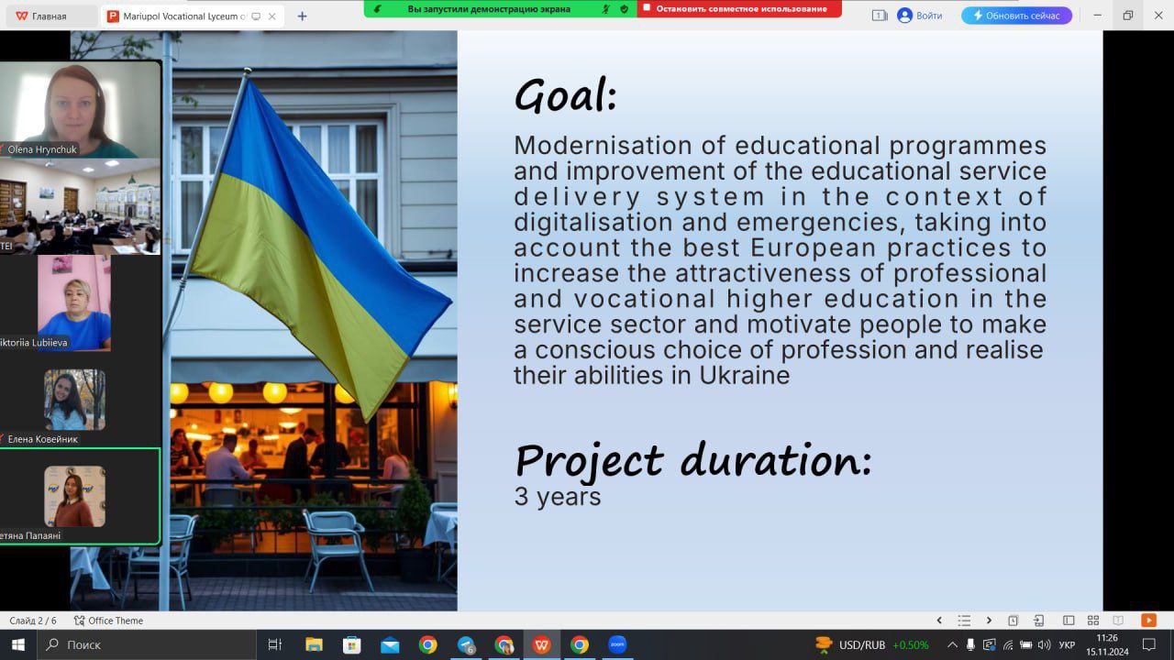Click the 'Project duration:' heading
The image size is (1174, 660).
(x=693, y=460)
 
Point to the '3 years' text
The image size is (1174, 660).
(x=557, y=497)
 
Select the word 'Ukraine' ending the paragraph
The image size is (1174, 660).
(x=744, y=375)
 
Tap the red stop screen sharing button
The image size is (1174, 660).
(x=739, y=9)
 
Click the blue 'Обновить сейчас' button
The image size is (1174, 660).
(x=1016, y=16)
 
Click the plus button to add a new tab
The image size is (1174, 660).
(x=302, y=16)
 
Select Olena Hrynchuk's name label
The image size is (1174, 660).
(x=42, y=149)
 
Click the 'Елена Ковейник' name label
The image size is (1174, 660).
(x=42, y=439)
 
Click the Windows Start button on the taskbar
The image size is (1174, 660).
(x=18, y=644)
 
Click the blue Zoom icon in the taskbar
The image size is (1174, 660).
(x=617, y=644)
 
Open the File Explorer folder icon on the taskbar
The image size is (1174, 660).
(x=314, y=644)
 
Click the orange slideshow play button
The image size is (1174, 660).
(x=1148, y=621)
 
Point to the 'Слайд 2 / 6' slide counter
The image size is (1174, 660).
(x=32, y=621)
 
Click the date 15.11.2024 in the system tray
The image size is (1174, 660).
(x=1107, y=652)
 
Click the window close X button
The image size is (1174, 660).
(x=1158, y=16)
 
